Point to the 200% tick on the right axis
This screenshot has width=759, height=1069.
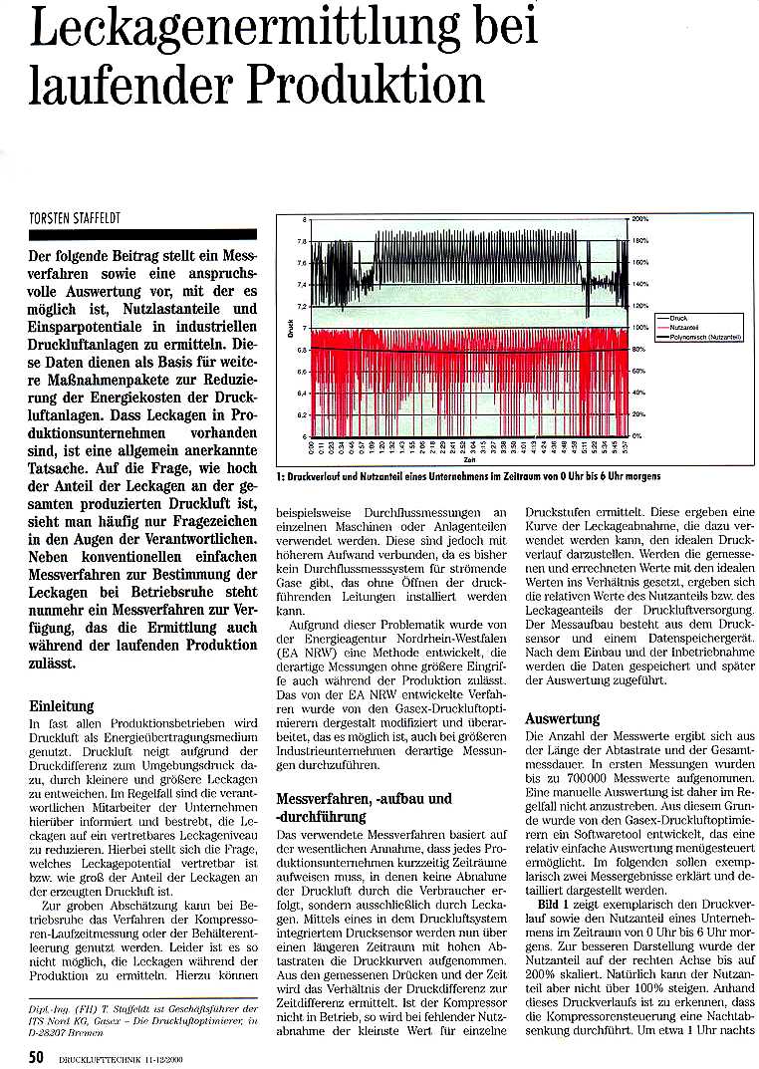(x=640, y=218)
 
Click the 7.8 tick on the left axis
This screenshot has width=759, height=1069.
(x=301, y=240)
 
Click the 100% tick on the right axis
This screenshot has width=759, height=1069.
(x=640, y=327)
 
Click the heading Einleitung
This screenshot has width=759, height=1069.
(x=62, y=705)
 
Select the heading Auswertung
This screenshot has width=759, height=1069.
(x=562, y=718)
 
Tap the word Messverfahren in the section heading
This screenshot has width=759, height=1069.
(x=322, y=799)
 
